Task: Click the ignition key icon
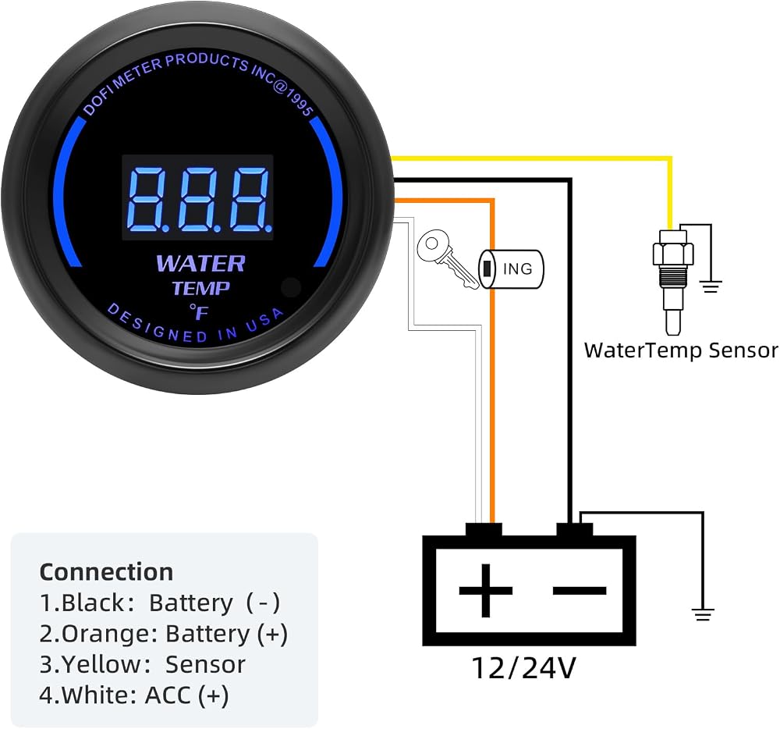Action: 447,258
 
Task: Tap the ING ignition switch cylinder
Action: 511,268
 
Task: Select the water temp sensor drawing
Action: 673,281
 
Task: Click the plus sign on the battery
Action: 485,591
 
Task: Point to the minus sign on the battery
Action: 580,591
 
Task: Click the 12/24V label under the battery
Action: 523,668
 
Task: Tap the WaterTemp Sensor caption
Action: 681,350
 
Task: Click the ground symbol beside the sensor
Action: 711,286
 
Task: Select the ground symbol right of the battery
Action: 703,614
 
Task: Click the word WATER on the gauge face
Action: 201,264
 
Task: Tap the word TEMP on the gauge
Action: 201,288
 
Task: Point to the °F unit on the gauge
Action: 199,312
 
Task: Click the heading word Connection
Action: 106,572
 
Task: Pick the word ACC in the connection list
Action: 168,695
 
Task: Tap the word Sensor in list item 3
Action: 205,665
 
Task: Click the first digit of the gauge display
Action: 150,199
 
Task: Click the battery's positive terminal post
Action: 484,529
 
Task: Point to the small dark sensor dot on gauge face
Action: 291,287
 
